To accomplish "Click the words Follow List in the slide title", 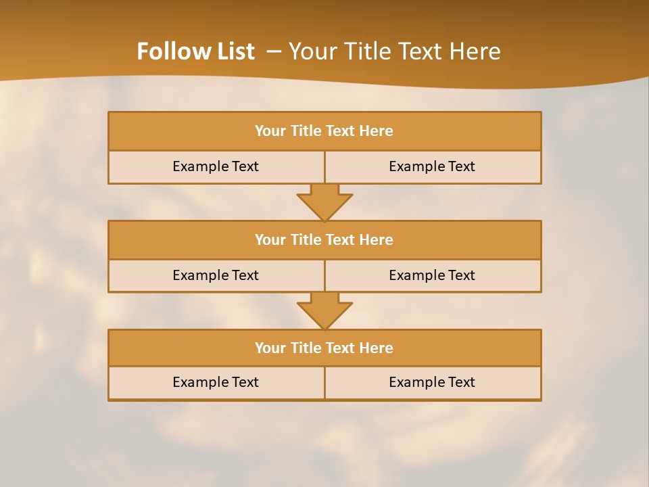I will tap(195, 51).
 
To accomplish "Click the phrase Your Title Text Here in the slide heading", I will tap(394, 51).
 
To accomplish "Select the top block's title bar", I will tap(324, 131).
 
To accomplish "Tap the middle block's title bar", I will tap(324, 240).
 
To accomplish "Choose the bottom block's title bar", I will tap(324, 348).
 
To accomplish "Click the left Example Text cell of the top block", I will tap(216, 167).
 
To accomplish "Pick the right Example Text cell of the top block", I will tap(432, 167).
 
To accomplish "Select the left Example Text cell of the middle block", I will tap(216, 276).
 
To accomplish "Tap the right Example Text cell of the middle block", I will tap(432, 276).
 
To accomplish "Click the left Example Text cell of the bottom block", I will tap(216, 383).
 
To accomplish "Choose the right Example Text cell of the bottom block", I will tap(432, 383).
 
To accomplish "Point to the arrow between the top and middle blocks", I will tap(324, 202).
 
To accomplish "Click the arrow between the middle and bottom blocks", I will tap(324, 310).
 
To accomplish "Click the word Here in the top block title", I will tap(377, 131).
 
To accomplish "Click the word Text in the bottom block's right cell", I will tap(461, 383).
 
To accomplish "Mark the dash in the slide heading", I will tap(274, 51).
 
